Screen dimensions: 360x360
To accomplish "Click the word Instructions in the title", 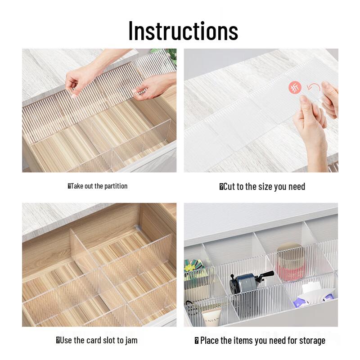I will (x=183, y=31).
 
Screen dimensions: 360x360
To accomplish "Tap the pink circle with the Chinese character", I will (x=295, y=88).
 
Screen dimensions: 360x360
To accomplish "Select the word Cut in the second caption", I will (x=229, y=187).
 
